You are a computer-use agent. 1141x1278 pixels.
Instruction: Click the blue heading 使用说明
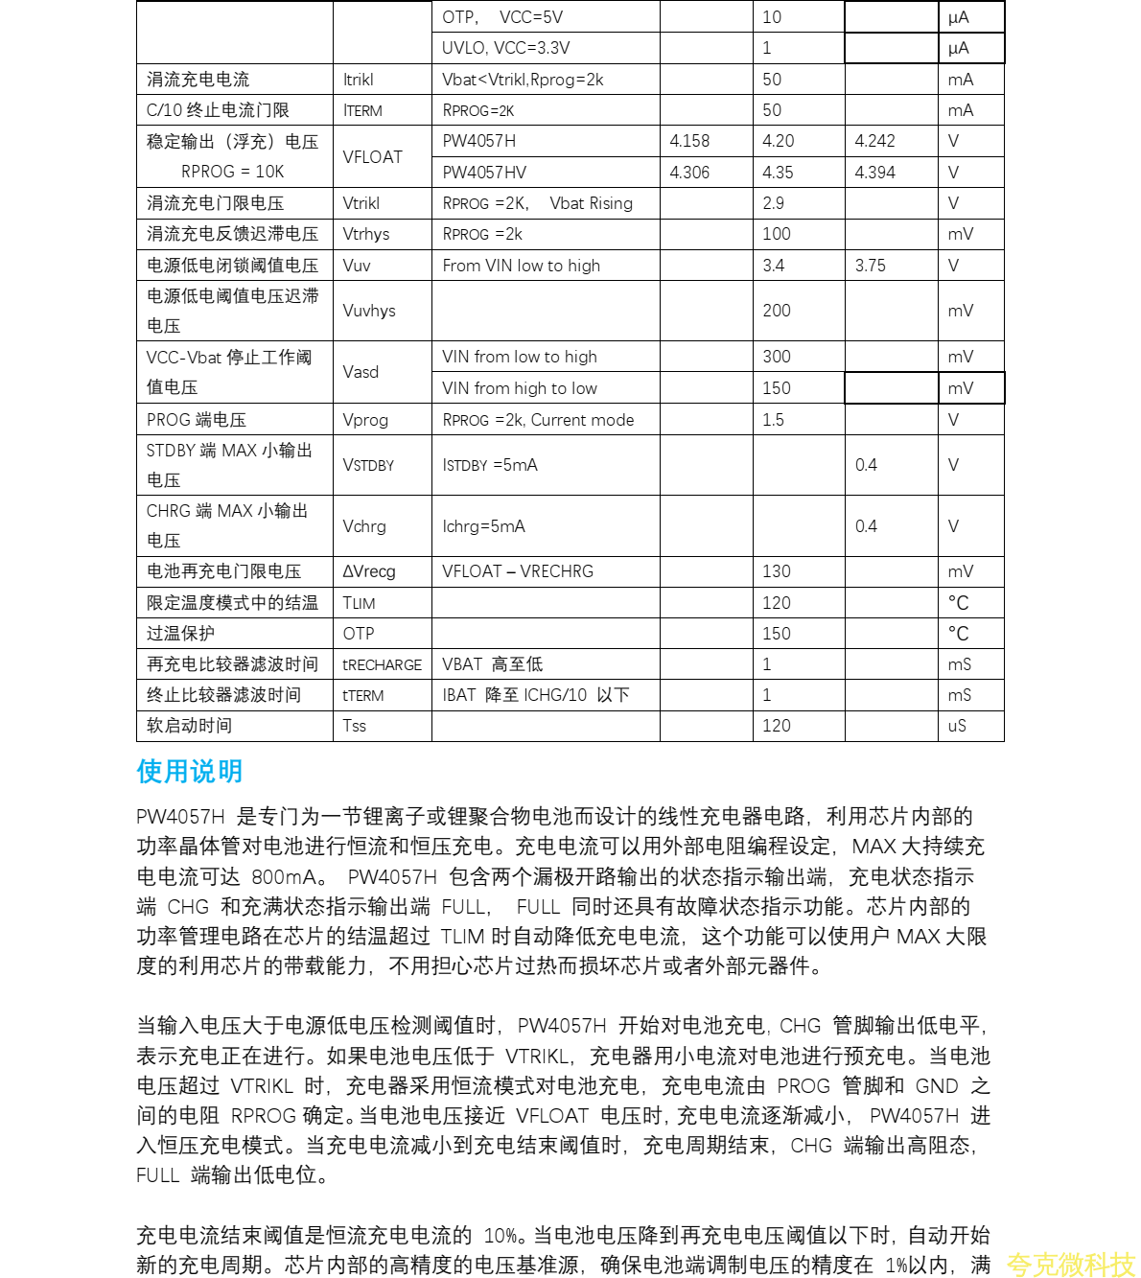(x=190, y=771)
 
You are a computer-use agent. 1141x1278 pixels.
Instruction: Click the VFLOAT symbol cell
(x=373, y=157)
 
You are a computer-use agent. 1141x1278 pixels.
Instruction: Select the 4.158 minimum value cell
(x=689, y=141)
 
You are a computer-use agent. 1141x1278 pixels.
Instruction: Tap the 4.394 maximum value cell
(x=875, y=173)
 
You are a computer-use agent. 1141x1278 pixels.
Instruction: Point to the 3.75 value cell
(x=871, y=266)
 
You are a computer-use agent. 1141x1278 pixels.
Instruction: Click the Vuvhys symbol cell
(x=369, y=311)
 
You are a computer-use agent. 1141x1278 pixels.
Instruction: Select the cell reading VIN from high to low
(x=520, y=388)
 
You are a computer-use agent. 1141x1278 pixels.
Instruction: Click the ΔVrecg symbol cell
(x=369, y=571)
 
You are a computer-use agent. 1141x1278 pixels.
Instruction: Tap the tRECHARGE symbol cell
(x=383, y=664)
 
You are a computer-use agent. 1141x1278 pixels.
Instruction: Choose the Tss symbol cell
(x=355, y=726)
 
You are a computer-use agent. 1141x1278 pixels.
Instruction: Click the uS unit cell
(x=957, y=726)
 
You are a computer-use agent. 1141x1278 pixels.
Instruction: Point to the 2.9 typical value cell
(x=774, y=203)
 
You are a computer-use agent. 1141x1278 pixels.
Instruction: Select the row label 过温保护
(x=180, y=634)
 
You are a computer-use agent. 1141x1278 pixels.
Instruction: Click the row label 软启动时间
(x=189, y=726)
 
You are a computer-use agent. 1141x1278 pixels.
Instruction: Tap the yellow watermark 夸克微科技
(x=1070, y=1265)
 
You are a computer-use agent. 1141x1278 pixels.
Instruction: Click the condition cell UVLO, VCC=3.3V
(x=506, y=48)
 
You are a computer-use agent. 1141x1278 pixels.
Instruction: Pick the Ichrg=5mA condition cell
(x=484, y=526)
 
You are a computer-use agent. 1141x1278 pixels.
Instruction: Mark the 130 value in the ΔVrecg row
(x=777, y=571)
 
